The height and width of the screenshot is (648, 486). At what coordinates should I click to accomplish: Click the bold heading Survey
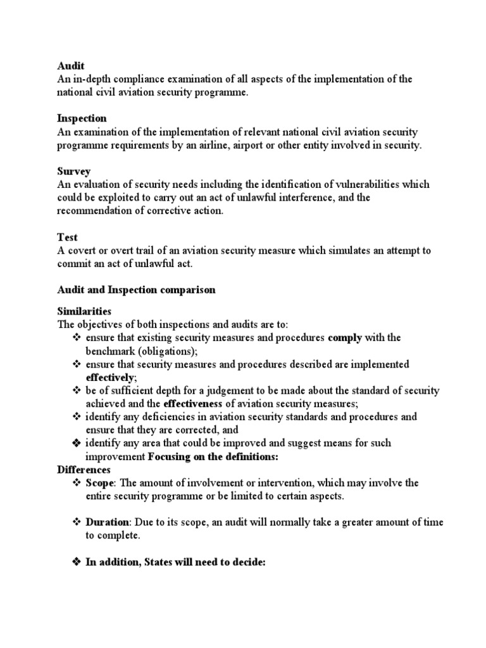(74, 171)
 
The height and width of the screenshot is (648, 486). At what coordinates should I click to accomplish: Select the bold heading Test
(67, 237)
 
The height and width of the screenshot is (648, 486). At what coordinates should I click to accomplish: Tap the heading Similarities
(84, 311)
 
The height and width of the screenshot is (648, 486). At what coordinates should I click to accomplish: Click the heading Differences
(84, 470)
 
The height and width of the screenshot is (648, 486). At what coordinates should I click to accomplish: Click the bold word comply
(345, 338)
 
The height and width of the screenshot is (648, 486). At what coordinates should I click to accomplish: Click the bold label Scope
(99, 483)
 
